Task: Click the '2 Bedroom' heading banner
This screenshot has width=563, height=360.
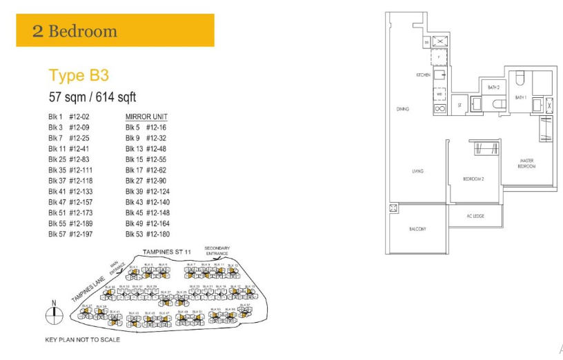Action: coord(75,31)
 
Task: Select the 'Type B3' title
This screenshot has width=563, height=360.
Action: coord(79,75)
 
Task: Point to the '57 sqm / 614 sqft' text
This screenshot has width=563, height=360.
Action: coord(92,97)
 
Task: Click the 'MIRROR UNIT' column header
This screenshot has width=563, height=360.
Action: coord(146,117)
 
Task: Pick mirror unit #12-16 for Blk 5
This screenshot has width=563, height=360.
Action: coord(157,128)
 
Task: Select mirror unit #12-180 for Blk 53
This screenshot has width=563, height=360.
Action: coord(159,234)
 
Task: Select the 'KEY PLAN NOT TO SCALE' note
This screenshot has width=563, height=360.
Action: coord(82,339)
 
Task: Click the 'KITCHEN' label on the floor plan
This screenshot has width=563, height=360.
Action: coord(423,74)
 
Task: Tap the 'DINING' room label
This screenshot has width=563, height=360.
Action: coord(403,108)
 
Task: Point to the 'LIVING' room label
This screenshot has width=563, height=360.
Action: coord(417,171)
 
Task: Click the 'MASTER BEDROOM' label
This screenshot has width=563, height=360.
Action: coord(526,163)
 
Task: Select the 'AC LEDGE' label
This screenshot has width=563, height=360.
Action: coord(475,216)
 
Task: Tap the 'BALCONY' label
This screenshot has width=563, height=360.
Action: coord(417,229)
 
